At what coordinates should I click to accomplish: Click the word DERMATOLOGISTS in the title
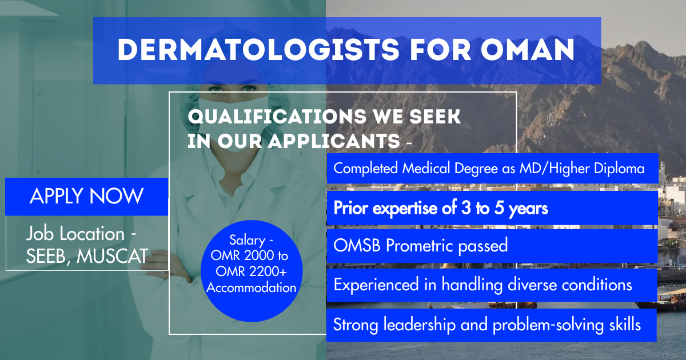tap(258, 50)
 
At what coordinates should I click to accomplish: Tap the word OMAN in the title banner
tap(527, 50)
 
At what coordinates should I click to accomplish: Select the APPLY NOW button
tap(87, 197)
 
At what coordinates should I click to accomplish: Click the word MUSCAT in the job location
tap(113, 256)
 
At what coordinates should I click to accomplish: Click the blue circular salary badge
tap(252, 271)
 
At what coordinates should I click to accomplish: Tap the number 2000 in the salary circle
tap(257, 255)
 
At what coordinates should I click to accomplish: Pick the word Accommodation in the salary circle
tap(251, 287)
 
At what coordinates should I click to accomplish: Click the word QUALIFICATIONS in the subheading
tap(277, 117)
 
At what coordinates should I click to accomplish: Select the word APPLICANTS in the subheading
tap(334, 141)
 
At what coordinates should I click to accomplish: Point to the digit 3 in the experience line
tap(465, 208)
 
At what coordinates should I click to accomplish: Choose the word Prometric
tap(419, 246)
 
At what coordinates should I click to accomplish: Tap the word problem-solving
tap(548, 325)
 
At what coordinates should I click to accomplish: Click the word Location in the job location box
tap(92, 234)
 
